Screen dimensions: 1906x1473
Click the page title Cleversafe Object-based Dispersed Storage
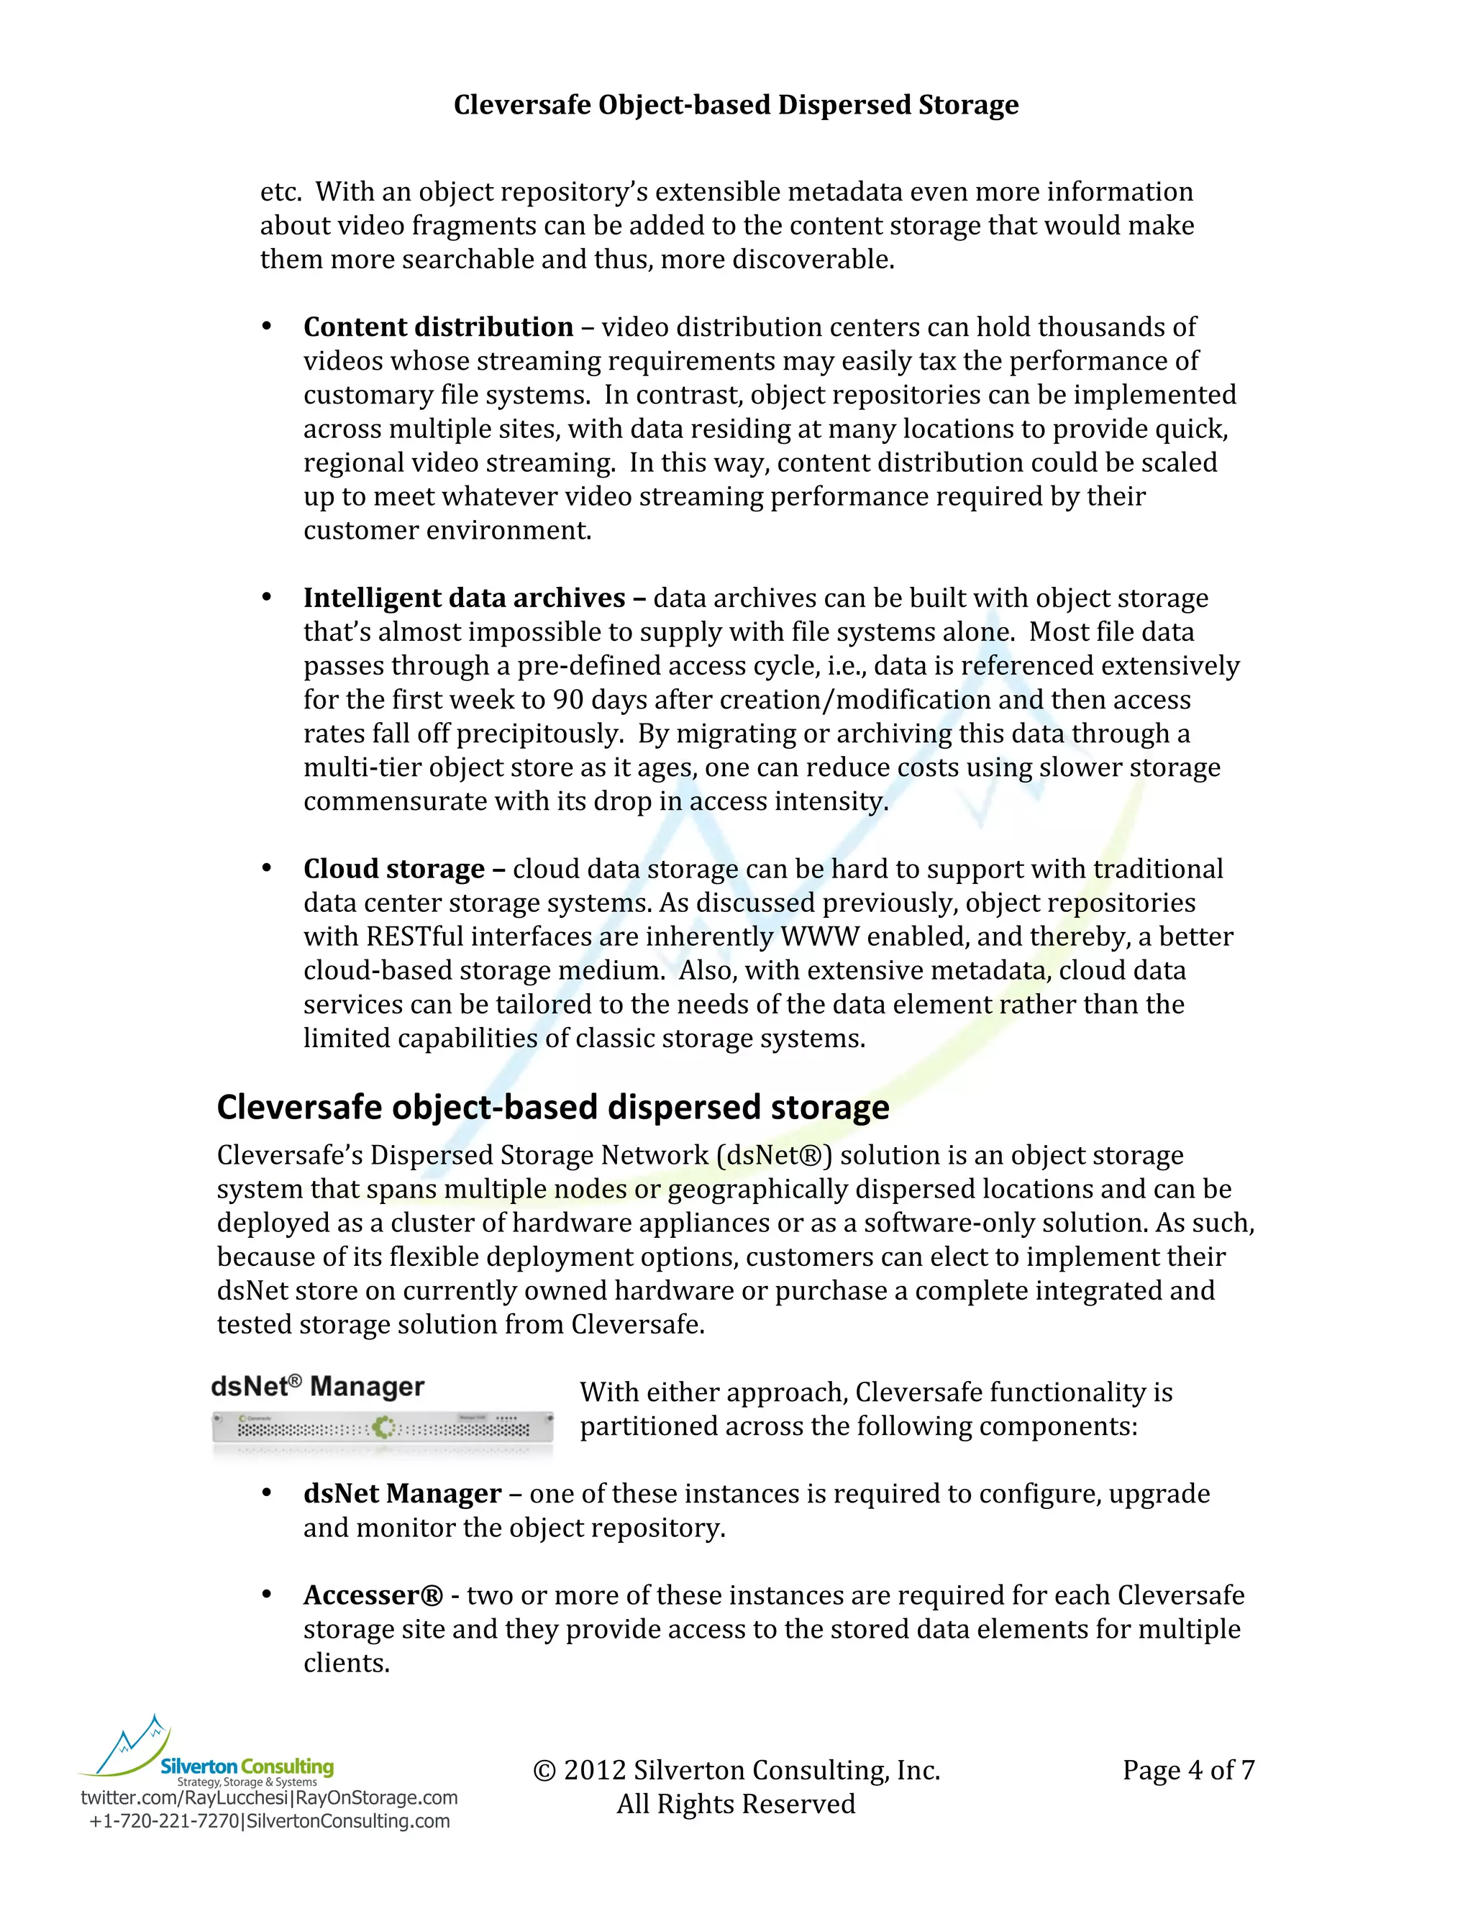pyautogui.click(x=736, y=105)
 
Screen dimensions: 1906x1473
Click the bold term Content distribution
pyautogui.click(x=438, y=327)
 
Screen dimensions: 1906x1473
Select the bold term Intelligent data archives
pyautogui.click(x=464, y=598)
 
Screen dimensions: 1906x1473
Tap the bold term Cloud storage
pyautogui.click(x=393, y=870)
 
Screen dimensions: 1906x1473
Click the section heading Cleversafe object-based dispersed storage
pyautogui.click(x=552, y=1107)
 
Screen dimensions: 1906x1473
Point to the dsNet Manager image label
pyautogui.click(x=318, y=1387)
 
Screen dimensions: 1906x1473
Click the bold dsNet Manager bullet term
pyautogui.click(x=402, y=1494)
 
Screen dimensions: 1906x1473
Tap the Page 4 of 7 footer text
pyautogui.click(x=1188, y=1770)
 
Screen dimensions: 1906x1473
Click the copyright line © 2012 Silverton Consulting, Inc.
pyautogui.click(x=736, y=1770)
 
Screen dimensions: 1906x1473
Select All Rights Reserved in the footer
pyautogui.click(x=736, y=1804)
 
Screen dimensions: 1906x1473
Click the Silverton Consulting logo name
pyautogui.click(x=247, y=1766)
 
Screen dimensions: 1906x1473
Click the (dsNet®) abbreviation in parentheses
pyautogui.click(x=774, y=1156)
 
